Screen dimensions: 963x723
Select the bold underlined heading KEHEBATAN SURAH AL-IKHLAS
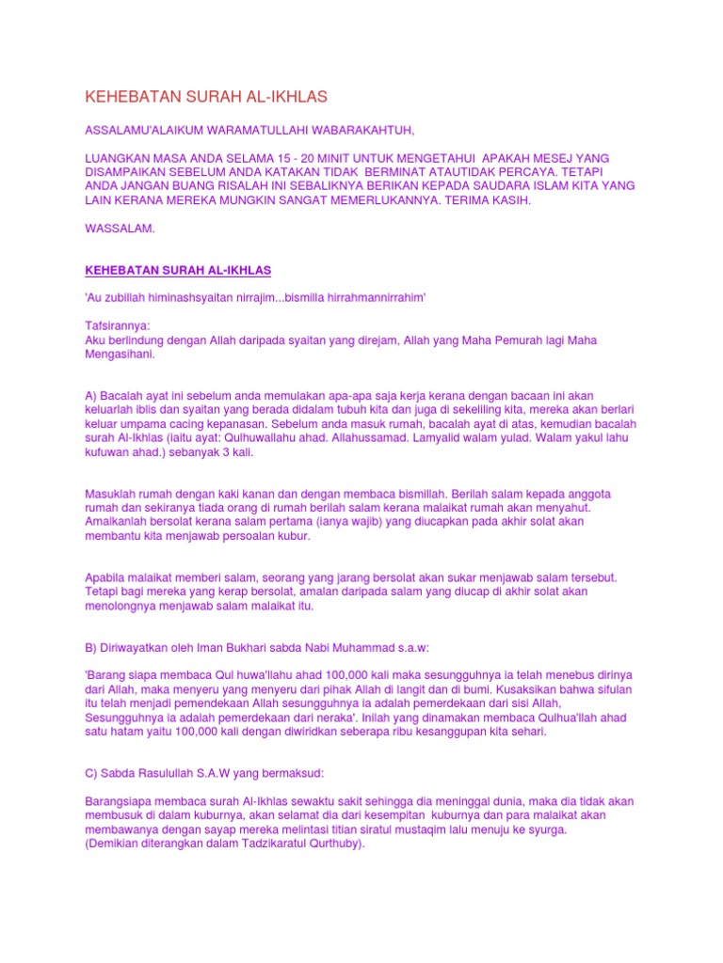click(178, 271)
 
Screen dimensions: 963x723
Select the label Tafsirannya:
click(118, 325)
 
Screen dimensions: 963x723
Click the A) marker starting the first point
click(92, 396)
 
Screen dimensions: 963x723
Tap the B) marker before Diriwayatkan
click(92, 648)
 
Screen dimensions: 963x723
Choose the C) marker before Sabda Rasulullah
click(92, 773)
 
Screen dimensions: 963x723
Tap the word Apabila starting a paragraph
click(108, 577)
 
